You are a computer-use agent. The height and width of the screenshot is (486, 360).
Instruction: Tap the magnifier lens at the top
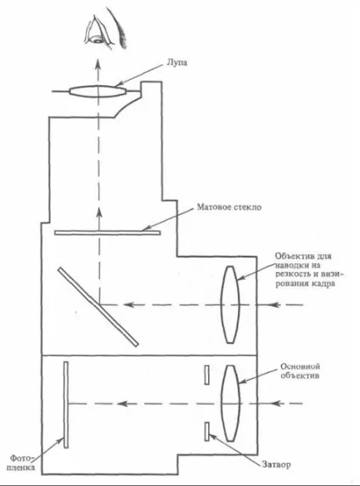pos(98,92)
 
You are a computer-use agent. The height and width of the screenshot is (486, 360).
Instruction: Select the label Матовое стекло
pos(229,206)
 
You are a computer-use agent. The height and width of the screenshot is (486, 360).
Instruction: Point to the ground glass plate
pos(108,233)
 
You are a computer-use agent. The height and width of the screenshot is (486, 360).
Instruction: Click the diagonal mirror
pos(98,307)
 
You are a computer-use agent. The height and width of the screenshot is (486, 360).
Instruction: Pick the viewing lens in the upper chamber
pos(230,304)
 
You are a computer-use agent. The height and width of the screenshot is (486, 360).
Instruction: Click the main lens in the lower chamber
pos(230,403)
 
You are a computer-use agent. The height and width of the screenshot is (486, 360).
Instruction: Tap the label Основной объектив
pos(300,371)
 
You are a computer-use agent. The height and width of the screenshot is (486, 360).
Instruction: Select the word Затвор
pos(276,465)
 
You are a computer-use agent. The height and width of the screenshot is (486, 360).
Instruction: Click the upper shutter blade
pos(206,375)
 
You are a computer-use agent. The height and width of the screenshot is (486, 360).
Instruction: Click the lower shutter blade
pos(206,431)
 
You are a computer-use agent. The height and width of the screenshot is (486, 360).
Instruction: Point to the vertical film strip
pos(65,404)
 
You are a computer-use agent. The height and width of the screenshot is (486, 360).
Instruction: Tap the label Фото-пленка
pos(21,462)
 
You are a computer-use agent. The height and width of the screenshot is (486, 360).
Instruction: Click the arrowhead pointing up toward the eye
pos(98,63)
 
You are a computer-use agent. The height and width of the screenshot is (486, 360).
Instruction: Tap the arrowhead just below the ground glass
pos(99,212)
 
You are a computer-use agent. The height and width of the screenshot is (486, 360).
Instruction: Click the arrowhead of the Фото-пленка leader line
pos(61,441)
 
